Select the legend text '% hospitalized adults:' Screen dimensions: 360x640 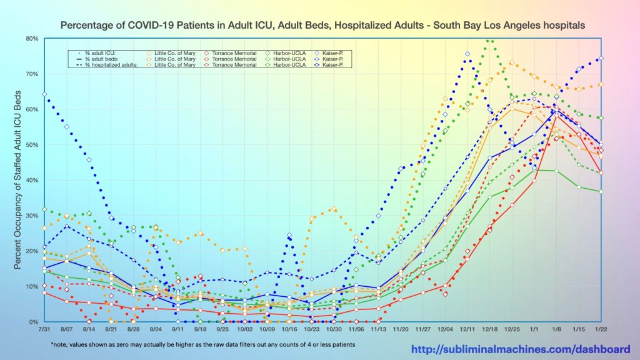[x=110, y=64]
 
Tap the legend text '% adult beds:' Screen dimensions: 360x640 [x=100, y=59]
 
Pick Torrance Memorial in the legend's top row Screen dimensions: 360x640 [x=234, y=53]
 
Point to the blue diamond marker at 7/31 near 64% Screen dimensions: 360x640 [x=44, y=94]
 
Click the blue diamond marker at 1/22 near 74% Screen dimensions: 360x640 [x=601, y=59]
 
